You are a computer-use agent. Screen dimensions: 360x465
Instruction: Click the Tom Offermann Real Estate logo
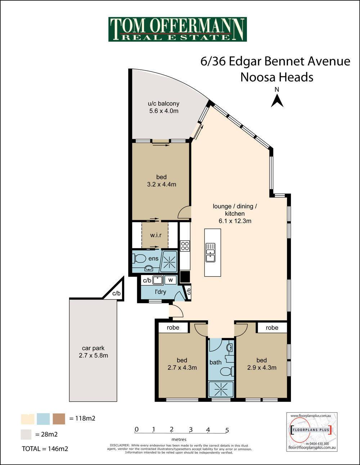point(177,29)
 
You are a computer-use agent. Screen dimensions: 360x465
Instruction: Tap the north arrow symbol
point(277,101)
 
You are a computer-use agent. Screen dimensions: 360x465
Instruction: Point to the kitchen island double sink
point(210,252)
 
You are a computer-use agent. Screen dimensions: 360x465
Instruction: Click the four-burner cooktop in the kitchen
point(185,246)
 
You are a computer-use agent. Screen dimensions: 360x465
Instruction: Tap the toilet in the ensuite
point(139,259)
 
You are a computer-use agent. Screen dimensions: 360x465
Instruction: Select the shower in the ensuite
point(169,261)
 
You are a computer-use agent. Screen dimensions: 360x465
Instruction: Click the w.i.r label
point(156,235)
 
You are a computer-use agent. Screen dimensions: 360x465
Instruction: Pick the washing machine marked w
point(171,280)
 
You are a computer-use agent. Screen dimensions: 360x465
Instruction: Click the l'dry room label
point(160,292)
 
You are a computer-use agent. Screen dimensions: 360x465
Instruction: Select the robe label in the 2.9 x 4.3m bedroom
point(272,328)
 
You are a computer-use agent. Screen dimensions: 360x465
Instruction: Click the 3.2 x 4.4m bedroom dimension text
point(162,184)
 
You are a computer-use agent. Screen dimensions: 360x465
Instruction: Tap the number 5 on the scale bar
point(227,430)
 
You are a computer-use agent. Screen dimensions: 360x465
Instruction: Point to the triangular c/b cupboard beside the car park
point(117,291)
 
